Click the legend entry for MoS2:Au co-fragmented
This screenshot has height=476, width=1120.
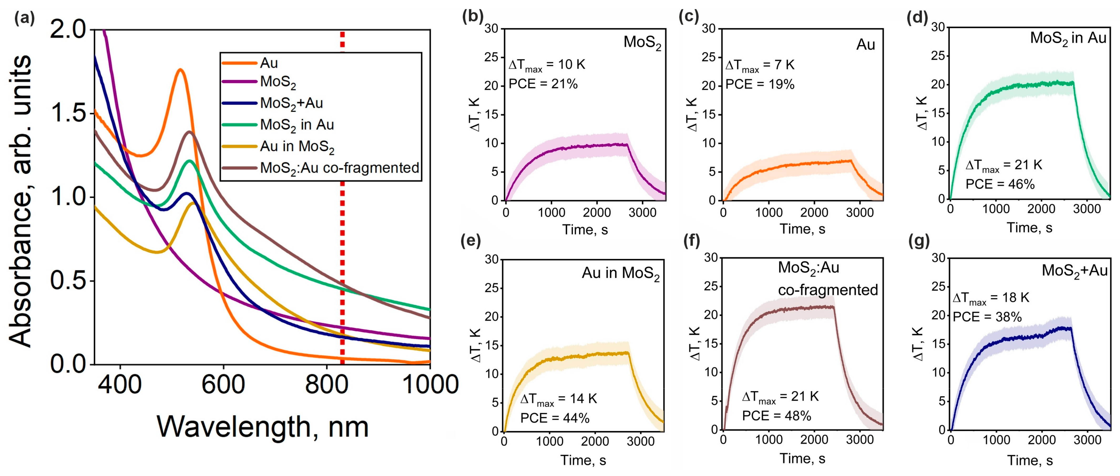click(x=339, y=168)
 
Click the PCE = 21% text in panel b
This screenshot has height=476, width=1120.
click(x=543, y=84)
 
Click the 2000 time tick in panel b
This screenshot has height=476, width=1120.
click(x=596, y=212)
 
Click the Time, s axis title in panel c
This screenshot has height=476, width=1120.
click(x=802, y=229)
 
